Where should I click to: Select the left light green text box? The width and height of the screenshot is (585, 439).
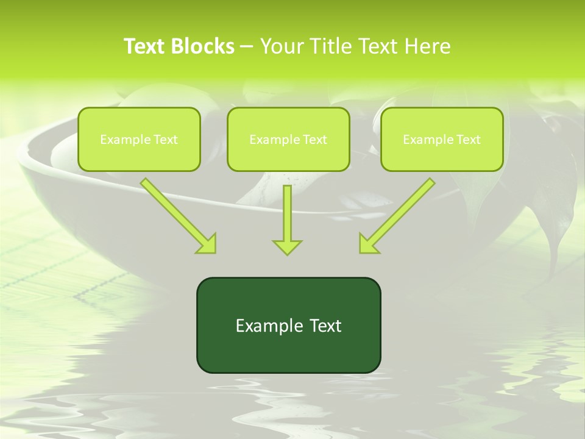pyautogui.click(x=139, y=139)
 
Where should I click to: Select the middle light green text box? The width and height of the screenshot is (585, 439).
pyautogui.click(x=288, y=139)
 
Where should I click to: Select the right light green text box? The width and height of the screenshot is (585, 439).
pyautogui.click(x=442, y=139)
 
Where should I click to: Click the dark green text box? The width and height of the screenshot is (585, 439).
pyautogui.click(x=288, y=325)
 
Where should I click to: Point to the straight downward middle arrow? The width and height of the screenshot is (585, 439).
pyautogui.click(x=287, y=213)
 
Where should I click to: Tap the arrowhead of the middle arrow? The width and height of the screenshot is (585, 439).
pyautogui.click(x=287, y=246)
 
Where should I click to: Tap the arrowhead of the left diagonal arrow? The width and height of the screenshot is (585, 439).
pyautogui.click(x=207, y=244)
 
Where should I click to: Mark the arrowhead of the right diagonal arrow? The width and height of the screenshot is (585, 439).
pyautogui.click(x=367, y=244)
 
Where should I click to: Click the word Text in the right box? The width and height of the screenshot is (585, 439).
pyautogui.click(x=468, y=140)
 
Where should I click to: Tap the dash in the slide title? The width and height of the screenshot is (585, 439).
pyautogui.click(x=247, y=47)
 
